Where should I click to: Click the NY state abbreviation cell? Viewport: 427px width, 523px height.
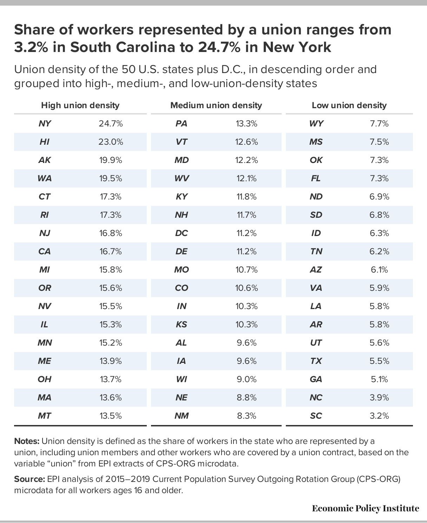click(45, 124)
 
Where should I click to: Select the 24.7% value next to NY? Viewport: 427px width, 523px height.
click(111, 124)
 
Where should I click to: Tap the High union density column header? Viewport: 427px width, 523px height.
click(80, 105)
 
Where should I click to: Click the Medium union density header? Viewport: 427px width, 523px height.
click(216, 105)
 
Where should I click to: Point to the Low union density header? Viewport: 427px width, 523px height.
click(349, 105)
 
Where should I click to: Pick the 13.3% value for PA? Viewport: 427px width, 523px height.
click(247, 124)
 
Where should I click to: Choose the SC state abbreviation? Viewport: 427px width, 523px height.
click(316, 416)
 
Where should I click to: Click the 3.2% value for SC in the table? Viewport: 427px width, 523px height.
click(379, 416)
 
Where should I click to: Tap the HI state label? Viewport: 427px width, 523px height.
click(45, 142)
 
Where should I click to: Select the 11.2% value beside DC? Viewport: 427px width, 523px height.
click(247, 233)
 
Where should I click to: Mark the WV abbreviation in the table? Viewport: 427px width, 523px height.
click(182, 178)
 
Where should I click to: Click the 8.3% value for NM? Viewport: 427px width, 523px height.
click(247, 416)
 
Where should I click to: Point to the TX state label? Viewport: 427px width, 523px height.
click(316, 361)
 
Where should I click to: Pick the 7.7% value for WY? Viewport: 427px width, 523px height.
click(379, 124)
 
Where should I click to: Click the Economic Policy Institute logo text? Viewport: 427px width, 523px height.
click(365, 509)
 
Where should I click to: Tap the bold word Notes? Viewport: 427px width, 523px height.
click(27, 441)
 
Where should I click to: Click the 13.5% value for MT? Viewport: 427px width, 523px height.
click(111, 416)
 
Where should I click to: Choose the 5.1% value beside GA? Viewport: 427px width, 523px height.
click(379, 379)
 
